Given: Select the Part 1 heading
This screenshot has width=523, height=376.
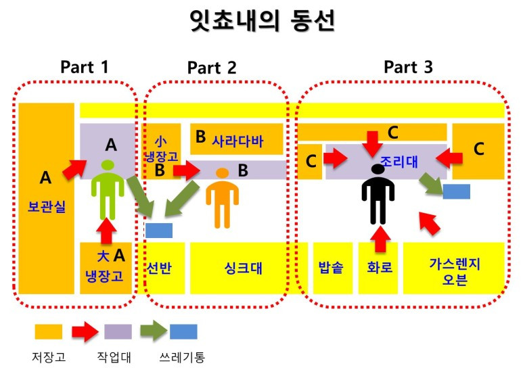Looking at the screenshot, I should point(84,66).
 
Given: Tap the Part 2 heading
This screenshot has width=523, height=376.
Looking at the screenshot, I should point(212,67).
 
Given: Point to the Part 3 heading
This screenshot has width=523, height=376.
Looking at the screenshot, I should point(408,66).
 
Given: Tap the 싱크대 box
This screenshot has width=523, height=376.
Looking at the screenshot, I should point(243,268).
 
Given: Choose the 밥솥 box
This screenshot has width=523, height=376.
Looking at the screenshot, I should point(332,268).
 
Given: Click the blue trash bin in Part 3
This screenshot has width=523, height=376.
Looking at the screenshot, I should point(456,191).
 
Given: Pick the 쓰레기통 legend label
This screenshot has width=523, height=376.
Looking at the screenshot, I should point(183,356).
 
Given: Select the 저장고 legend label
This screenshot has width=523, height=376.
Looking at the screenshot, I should point(49,356).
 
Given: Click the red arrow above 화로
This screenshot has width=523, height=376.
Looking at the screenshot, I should point(380,237).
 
